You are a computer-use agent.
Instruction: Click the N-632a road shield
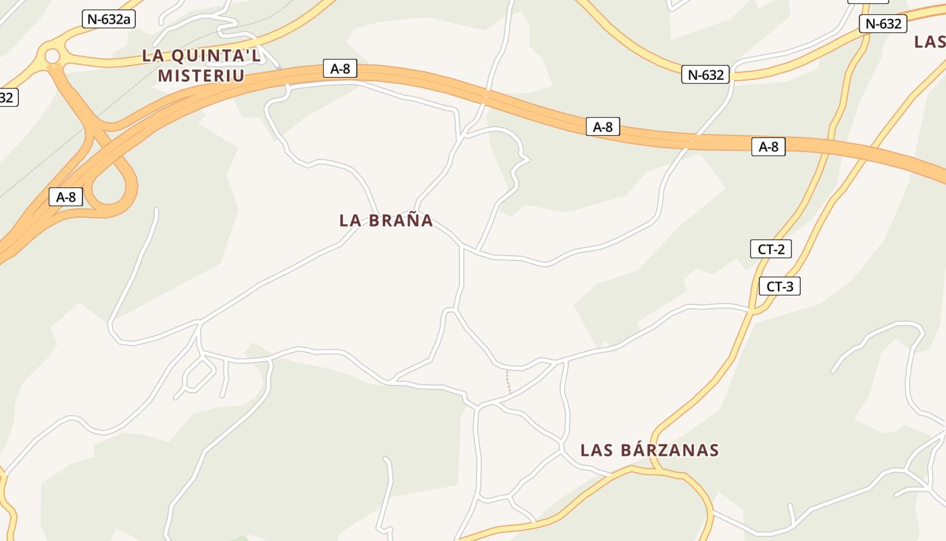coord(109,19)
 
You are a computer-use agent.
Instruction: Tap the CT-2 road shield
coord(770,249)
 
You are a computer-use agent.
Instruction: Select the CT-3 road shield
coord(780,286)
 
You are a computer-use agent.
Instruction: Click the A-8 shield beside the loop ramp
coord(66,197)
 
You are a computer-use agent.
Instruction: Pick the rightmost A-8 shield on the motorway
coord(768,147)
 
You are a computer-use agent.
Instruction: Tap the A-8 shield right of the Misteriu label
coord(340,68)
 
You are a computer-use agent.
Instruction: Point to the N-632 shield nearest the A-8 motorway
coord(705,74)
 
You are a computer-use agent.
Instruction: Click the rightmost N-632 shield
coord(883,24)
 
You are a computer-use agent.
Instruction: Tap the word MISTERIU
coord(201,75)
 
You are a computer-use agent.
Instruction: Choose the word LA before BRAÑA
coord(351,220)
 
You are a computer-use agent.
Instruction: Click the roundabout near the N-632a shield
coord(52,57)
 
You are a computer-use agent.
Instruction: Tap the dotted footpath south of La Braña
coord(508,381)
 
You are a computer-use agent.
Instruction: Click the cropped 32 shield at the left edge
coord(7,97)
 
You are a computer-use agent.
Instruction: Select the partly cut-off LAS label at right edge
coord(930,42)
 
